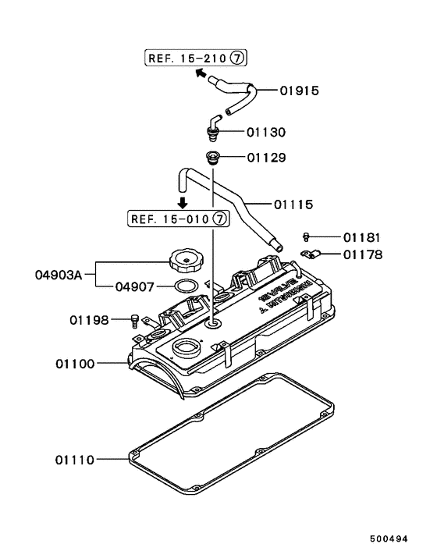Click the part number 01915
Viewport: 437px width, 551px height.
tap(300, 91)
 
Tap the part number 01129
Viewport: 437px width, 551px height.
tap(268, 158)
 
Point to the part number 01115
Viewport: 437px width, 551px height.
tap(293, 204)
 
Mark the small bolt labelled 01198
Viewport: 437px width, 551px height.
tap(137, 319)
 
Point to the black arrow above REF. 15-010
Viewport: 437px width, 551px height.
tap(181, 201)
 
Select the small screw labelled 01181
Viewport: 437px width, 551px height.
tap(307, 236)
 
